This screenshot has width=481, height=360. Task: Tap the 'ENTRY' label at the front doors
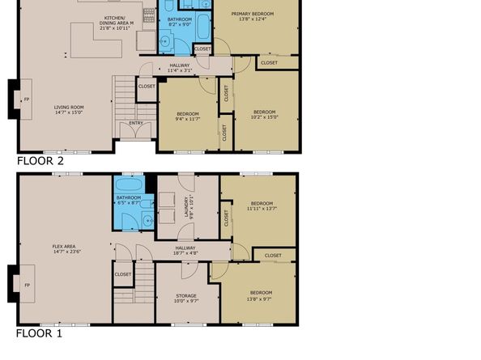pos(136,123)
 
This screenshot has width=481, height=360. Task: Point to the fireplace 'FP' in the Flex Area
pos(27,286)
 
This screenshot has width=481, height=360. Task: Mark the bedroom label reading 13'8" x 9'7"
pos(260,294)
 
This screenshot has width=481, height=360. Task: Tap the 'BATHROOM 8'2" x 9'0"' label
pos(179,22)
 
